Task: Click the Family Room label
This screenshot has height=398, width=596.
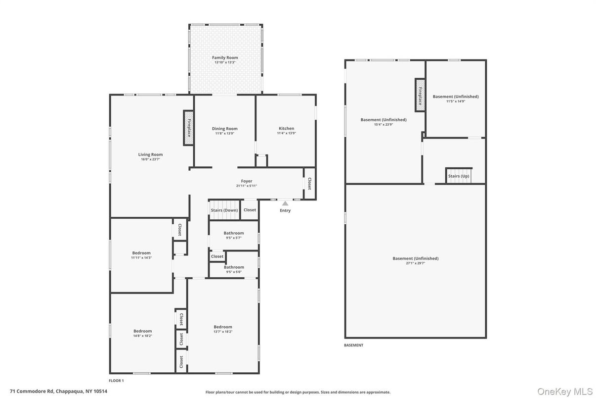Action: point(225,57)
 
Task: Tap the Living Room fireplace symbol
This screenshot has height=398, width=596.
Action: point(188,128)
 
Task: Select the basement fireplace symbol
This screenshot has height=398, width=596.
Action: point(420,95)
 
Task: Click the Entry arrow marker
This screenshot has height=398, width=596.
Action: point(285,203)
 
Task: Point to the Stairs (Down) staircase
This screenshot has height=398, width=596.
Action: point(225,210)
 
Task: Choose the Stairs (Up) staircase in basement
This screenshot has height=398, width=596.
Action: point(459,176)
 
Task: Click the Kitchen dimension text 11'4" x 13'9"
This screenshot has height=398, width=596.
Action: point(286,133)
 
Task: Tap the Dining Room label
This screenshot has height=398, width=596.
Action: point(224,129)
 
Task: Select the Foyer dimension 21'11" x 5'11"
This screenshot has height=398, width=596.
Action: point(247,186)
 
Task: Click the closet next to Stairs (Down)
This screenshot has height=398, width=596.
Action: point(250,210)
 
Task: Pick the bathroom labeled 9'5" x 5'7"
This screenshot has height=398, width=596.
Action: point(234,235)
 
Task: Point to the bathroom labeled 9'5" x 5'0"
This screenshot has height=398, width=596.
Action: point(234,269)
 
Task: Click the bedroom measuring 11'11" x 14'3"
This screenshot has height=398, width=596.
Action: point(141,255)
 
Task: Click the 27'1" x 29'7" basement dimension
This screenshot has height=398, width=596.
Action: point(415,263)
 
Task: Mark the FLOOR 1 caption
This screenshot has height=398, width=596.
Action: point(116,381)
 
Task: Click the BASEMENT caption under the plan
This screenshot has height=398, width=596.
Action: point(353,345)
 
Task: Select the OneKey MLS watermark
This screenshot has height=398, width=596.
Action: point(565,392)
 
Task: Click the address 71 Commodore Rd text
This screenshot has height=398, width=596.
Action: point(32,392)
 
